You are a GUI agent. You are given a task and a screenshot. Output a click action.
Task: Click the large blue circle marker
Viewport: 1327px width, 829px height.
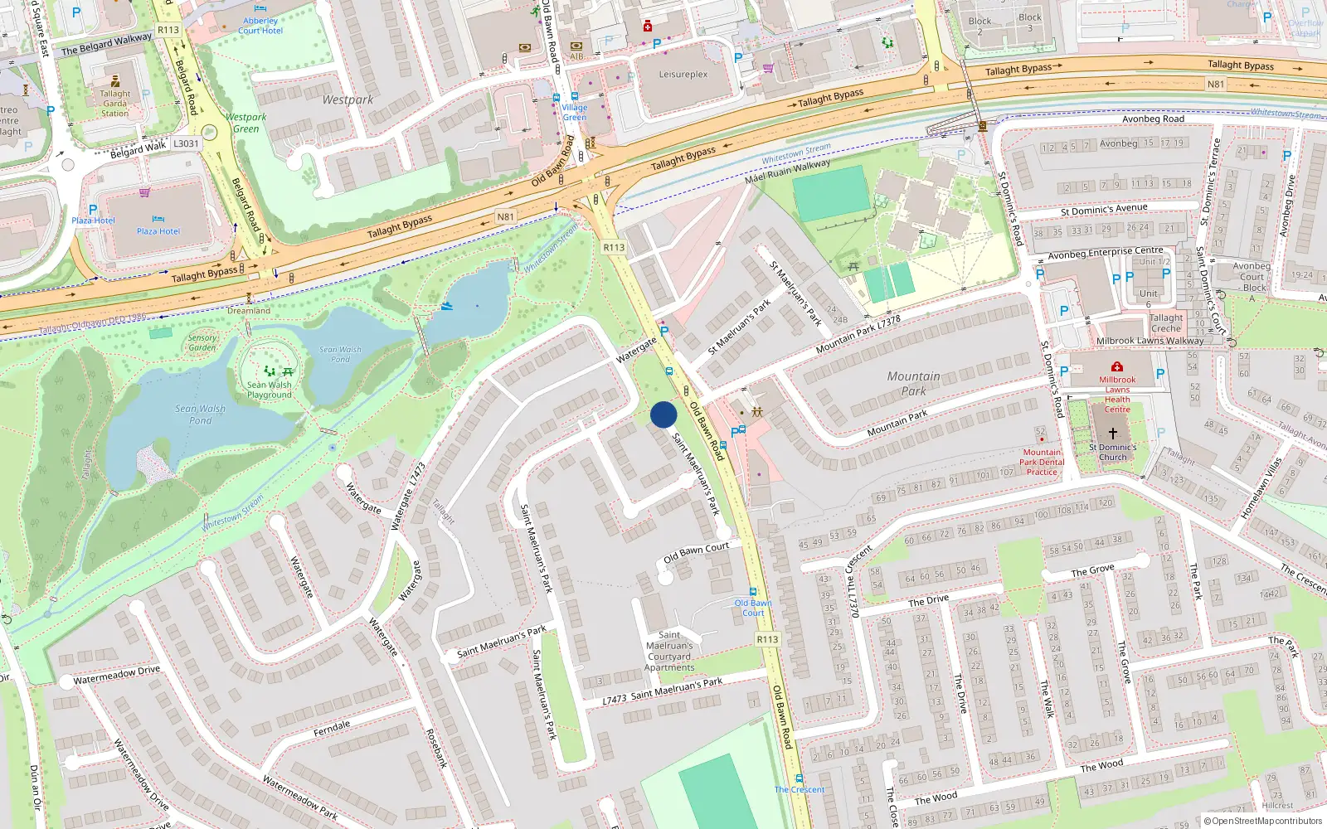click(663, 414)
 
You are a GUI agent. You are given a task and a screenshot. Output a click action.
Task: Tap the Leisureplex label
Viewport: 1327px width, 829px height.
click(683, 75)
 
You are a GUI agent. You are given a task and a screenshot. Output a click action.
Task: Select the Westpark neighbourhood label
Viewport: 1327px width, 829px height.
click(348, 99)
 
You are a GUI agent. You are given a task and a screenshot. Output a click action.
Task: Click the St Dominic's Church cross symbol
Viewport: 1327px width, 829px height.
click(1113, 433)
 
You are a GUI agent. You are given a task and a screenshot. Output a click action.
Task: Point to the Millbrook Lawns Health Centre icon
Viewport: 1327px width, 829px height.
click(1117, 366)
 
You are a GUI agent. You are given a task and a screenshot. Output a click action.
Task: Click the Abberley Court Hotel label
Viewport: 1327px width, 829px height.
click(260, 26)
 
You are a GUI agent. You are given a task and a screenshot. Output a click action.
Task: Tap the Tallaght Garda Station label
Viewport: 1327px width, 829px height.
click(115, 104)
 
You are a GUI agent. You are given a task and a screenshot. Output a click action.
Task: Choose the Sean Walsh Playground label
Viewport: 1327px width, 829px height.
click(270, 390)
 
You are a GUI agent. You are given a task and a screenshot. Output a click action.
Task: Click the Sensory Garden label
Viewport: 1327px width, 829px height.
click(202, 342)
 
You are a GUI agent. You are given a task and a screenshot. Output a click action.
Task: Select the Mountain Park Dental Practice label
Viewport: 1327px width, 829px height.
click(1042, 463)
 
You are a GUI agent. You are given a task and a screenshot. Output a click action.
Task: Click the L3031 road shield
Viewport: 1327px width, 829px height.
click(186, 143)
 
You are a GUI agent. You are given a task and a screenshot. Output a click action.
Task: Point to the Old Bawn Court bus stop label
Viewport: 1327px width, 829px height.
click(753, 608)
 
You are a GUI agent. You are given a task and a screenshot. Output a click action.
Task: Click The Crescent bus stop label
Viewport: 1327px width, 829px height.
click(800, 789)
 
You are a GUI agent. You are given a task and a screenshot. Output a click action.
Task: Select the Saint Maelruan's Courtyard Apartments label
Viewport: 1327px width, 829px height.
click(669, 651)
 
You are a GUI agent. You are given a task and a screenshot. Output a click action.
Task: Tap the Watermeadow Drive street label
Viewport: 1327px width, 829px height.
click(117, 676)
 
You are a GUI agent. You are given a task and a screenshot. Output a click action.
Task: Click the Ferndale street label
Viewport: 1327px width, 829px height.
click(332, 729)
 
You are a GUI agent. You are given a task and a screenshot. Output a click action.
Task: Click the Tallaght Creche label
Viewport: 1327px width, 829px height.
click(1166, 323)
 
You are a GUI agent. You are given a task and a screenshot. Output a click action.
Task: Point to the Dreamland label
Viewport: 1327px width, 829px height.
click(249, 311)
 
